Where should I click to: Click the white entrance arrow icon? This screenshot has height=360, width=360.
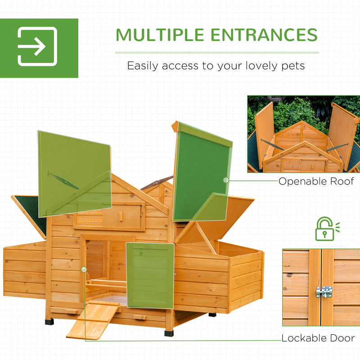[x=37, y=46]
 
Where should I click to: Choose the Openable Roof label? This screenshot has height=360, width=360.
[x=316, y=181]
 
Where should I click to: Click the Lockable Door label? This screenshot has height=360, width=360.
[x=318, y=338]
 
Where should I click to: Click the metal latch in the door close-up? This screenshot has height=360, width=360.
[x=324, y=292]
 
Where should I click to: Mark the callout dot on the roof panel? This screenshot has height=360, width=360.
[x=226, y=180]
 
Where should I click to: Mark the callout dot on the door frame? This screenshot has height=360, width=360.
[x=84, y=269]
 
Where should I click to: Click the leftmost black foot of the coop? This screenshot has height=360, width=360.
[x=49, y=322]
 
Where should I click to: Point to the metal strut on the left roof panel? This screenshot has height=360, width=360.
[x=63, y=180]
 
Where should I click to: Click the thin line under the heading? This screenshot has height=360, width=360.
[x=216, y=53]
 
